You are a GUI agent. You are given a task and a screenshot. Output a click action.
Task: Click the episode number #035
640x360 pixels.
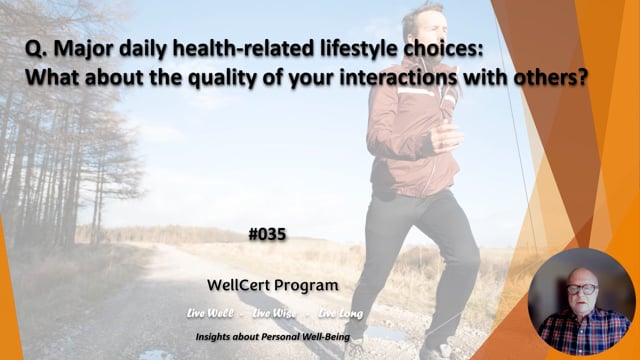tap(267, 235)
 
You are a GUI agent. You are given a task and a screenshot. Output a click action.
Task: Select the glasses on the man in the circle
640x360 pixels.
tap(580, 289)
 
